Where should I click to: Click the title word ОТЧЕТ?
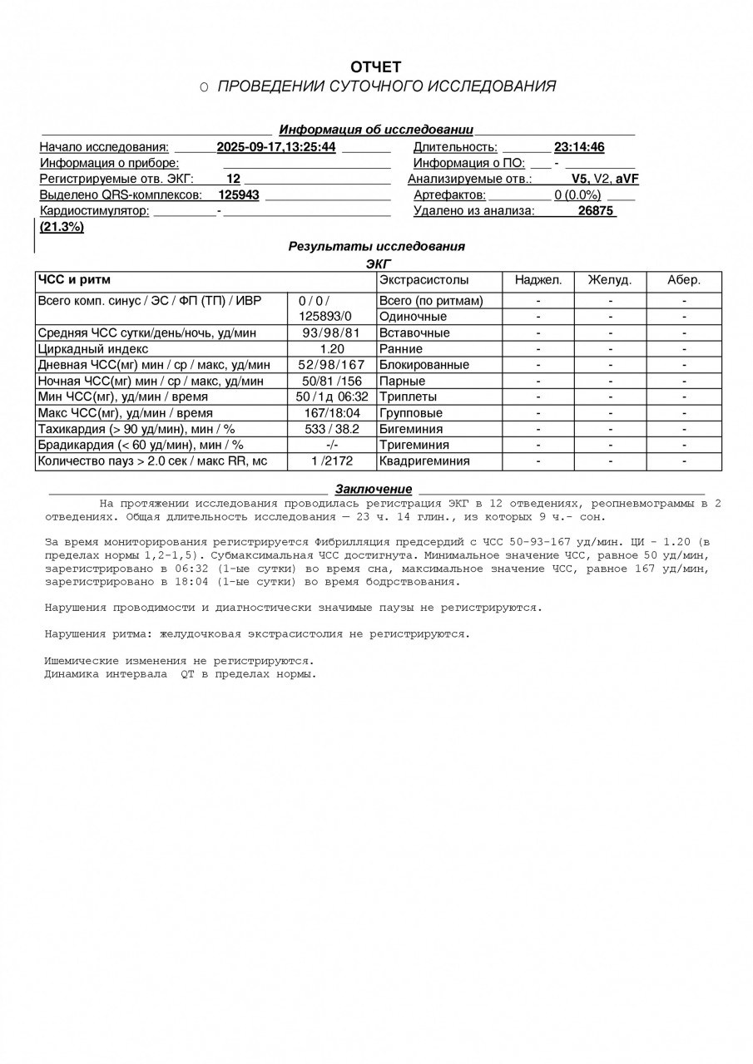click(375, 66)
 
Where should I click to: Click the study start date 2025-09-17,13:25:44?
click(276, 147)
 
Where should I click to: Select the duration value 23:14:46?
click(579, 147)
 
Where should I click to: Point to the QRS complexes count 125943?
click(239, 195)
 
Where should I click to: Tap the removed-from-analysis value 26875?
click(596, 211)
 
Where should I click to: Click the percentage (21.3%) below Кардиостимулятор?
click(62, 227)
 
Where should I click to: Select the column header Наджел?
click(538, 280)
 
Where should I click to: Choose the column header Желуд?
click(610, 280)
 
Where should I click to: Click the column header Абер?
click(684, 280)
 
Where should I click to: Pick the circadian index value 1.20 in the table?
click(331, 349)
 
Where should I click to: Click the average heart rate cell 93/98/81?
click(331, 333)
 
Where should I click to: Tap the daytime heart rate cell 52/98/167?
click(331, 365)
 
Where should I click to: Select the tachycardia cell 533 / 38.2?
click(331, 429)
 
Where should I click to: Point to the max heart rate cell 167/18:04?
click(331, 413)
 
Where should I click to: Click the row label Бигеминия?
click(411, 429)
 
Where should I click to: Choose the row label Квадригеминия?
click(424, 461)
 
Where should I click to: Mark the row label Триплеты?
click(408, 397)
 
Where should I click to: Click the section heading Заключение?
click(374, 490)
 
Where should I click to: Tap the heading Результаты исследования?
click(376, 247)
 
